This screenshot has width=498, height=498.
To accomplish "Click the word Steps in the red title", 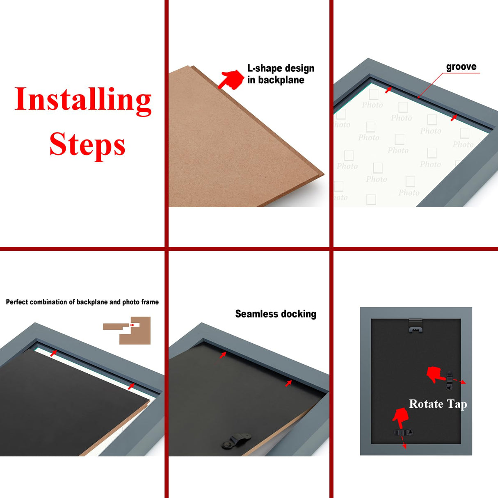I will tap(87, 144).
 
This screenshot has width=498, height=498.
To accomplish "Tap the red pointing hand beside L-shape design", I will tap(231, 79).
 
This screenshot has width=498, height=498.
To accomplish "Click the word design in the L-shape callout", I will tap(299, 69).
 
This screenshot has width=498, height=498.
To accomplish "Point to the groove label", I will tap(461, 67).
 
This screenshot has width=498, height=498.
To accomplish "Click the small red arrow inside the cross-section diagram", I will tap(132, 325).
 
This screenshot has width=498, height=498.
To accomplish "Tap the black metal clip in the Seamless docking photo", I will tap(236, 441).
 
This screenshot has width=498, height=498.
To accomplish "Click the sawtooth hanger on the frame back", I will tap(416, 327).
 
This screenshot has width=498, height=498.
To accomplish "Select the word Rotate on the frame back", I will tap(426, 404).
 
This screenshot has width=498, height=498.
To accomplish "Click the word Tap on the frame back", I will tap(457, 404).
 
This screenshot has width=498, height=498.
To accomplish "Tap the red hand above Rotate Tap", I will tap(434, 374).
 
